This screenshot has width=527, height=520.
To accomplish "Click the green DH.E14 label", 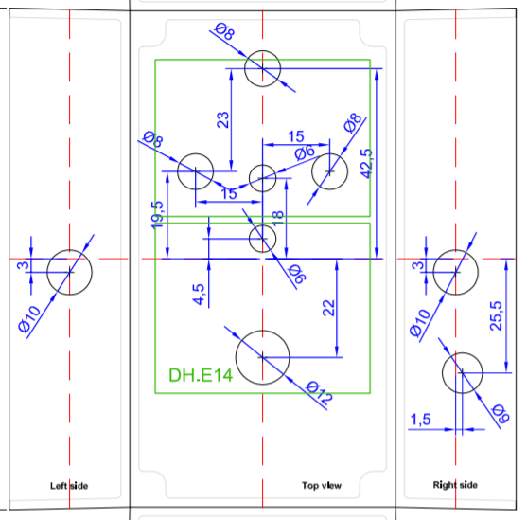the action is click(x=201, y=375).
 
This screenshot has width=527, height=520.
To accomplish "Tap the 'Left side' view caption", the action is click(x=69, y=486).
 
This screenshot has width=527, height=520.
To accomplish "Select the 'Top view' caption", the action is click(x=322, y=485).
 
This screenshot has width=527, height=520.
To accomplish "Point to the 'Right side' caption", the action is click(x=455, y=485).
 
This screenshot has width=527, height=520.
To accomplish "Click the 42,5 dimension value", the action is click(x=367, y=164).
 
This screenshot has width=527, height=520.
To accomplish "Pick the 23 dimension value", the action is click(x=223, y=120).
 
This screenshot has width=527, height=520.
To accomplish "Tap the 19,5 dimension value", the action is click(x=157, y=215).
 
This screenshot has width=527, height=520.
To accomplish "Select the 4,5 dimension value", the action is click(x=199, y=295).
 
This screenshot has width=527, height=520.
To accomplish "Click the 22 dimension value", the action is click(x=328, y=308).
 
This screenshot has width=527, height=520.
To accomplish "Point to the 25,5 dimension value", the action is click(x=496, y=316).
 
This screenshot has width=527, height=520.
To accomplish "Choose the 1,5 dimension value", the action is click(x=420, y=420).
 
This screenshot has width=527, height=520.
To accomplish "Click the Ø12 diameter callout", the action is click(x=319, y=392).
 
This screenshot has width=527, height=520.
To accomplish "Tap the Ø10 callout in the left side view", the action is click(x=29, y=320).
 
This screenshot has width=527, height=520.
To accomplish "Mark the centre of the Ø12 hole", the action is click(x=262, y=357).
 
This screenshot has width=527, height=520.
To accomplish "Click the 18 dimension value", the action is click(x=277, y=219).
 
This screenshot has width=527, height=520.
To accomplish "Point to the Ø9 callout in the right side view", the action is click(x=501, y=414).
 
